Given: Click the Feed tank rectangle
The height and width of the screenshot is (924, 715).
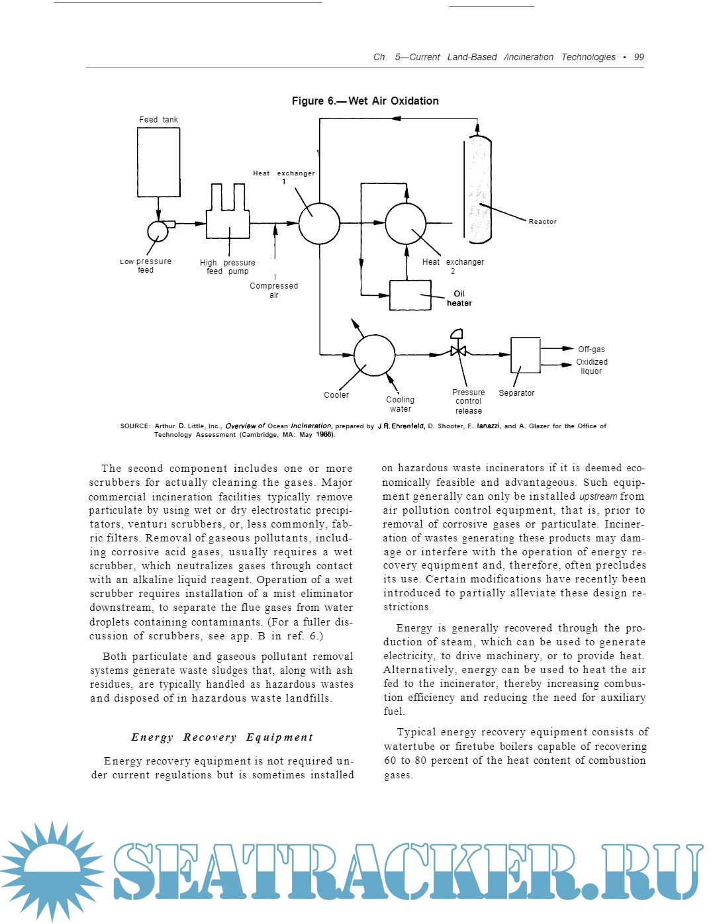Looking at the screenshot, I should pyautogui.click(x=158, y=162).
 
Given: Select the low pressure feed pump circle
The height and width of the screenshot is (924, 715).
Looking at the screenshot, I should pyautogui.click(x=158, y=231).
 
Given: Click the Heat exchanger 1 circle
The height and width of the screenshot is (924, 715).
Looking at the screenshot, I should pyautogui.click(x=319, y=224).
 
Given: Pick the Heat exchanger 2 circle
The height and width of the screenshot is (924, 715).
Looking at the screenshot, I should pyautogui.click(x=406, y=224).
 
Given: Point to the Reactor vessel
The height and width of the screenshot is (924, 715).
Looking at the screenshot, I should pyautogui.click(x=477, y=188).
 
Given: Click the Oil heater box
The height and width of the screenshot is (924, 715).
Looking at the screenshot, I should pyautogui.click(x=410, y=295).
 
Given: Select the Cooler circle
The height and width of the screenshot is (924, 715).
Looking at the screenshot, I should pyautogui.click(x=374, y=355).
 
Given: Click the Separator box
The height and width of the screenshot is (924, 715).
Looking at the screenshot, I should pyautogui.click(x=525, y=355).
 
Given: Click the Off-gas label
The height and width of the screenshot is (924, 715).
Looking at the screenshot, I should pyautogui.click(x=591, y=349).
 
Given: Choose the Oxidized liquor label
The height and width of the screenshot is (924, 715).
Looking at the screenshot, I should pyautogui.click(x=591, y=366).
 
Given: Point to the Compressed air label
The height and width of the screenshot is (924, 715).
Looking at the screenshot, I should pyautogui.click(x=273, y=290).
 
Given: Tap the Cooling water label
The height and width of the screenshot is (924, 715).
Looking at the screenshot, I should pyautogui.click(x=400, y=404).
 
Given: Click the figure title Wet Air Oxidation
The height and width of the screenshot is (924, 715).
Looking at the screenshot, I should pyautogui.click(x=365, y=101).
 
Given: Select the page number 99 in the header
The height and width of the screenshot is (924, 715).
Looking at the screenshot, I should pyautogui.click(x=639, y=57).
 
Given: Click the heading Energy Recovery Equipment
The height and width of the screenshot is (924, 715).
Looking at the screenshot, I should pyautogui.click(x=222, y=737).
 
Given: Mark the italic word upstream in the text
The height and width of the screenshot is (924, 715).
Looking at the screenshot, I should pyautogui.click(x=598, y=496).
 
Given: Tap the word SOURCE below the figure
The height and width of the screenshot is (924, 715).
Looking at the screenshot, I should pyautogui.click(x=135, y=426).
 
